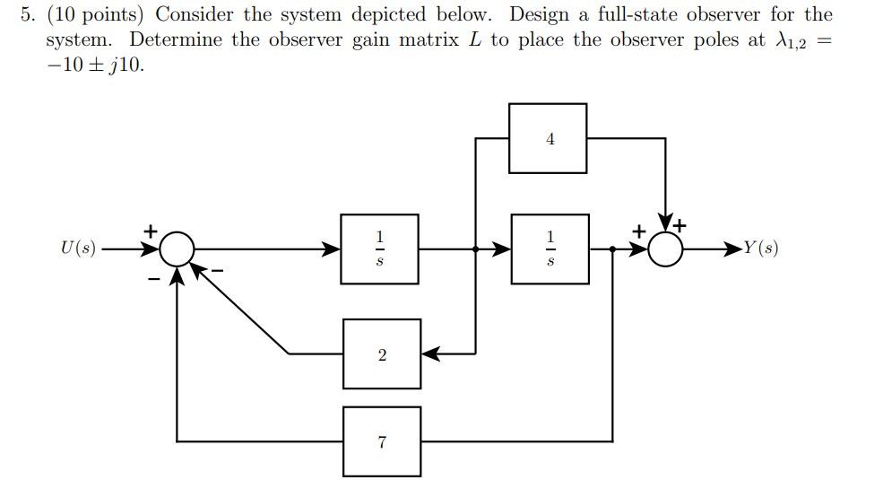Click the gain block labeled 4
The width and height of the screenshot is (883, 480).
click(548, 138)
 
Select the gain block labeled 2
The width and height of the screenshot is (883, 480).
click(382, 354)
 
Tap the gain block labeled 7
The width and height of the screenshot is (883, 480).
click(382, 441)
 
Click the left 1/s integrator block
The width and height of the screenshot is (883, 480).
click(379, 249)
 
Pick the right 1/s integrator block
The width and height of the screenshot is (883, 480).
click(550, 249)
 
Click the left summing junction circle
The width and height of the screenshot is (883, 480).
click(178, 249)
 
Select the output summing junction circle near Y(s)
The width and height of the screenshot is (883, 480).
click(665, 249)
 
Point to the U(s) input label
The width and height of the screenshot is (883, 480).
click(78, 249)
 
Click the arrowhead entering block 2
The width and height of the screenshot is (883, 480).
click(430, 354)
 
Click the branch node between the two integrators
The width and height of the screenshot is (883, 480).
click(475, 249)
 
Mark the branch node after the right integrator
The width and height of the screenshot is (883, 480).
click(612, 249)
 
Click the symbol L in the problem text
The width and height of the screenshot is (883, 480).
click(474, 40)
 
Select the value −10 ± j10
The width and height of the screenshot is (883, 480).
click(95, 65)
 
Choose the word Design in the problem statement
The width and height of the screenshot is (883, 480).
click(538, 15)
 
